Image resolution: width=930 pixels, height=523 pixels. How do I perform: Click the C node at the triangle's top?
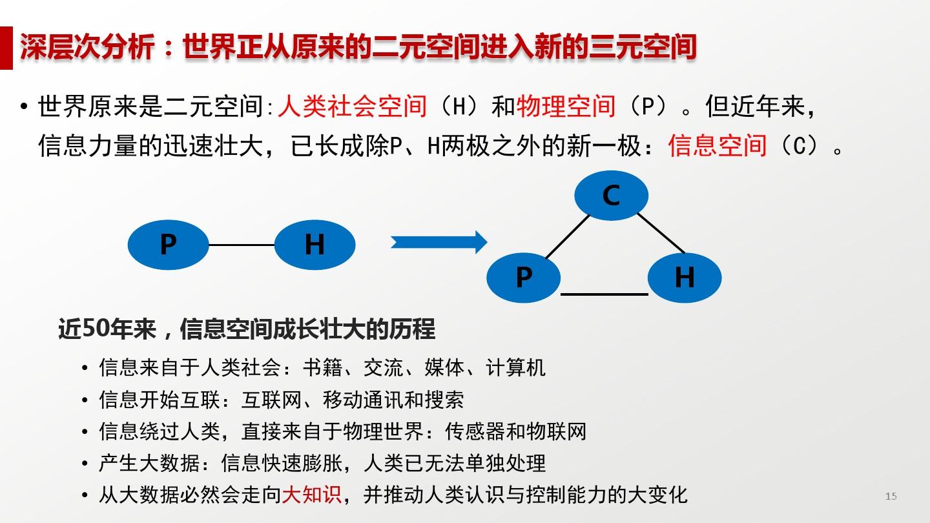click(x=611, y=195)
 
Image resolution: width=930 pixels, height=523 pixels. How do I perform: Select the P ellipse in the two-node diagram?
click(x=168, y=245)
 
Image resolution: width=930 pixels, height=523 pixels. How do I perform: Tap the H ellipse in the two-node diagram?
click(x=315, y=245)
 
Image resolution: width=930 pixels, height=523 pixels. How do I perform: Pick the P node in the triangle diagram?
click(x=524, y=277)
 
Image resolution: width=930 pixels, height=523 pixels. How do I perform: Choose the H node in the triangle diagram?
click(x=685, y=277)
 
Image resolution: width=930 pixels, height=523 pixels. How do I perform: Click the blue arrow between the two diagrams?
click(x=439, y=242)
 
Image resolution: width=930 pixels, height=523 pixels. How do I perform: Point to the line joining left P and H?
click(x=242, y=245)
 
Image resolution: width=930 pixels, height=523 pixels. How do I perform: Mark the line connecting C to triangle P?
click(x=567, y=236)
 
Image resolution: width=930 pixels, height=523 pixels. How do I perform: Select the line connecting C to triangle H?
click(x=661, y=233)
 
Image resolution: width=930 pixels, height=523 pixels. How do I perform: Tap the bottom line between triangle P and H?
click(x=604, y=294)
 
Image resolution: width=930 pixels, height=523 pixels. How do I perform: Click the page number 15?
click(x=891, y=496)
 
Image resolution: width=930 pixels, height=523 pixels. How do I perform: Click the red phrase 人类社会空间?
click(x=353, y=107)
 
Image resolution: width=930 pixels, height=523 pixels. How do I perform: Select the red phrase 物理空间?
click(x=566, y=107)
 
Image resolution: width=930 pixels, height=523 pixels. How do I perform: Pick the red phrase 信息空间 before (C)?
click(x=718, y=146)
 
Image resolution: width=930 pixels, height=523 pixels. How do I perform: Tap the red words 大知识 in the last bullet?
click(x=311, y=495)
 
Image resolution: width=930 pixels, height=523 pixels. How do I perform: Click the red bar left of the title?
click(x=6, y=48)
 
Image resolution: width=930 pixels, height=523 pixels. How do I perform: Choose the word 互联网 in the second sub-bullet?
click(x=271, y=400)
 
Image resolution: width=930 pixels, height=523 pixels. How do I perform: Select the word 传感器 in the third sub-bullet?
click(x=475, y=431)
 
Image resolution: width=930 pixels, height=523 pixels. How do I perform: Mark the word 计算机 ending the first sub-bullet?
click(x=515, y=368)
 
